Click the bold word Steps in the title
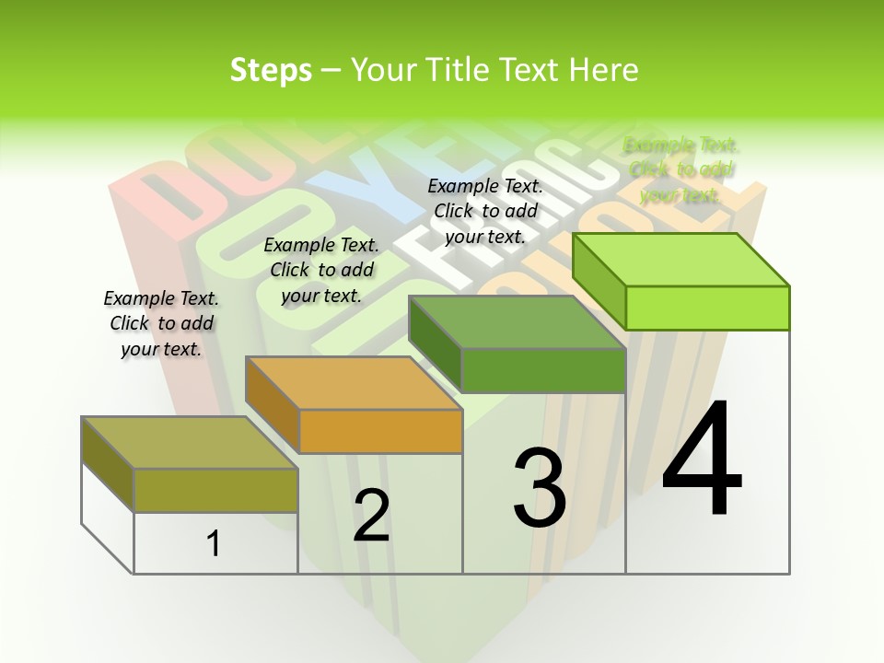tap(271, 70)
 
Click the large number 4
tap(702, 459)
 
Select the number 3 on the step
tap(540, 487)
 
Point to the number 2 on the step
tap(371, 516)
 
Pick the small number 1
tap(214, 543)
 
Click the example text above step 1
tap(161, 323)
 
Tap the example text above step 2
tap(321, 270)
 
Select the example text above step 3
tap(485, 211)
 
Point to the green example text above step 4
tap(681, 169)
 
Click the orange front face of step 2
tap(380, 431)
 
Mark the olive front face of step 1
tap(215, 490)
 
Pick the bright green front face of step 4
tap(707, 308)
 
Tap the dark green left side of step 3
tap(435, 343)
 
